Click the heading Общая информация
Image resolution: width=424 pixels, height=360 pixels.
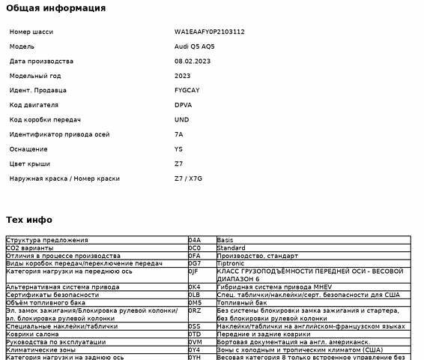tap(55, 8)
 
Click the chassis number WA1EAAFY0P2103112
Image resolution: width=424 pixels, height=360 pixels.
tap(209, 32)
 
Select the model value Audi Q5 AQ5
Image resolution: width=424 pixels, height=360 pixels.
tap(199, 46)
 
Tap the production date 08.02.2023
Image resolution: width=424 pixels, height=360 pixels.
tap(193, 61)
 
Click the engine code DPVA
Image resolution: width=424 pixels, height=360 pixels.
tap(183, 105)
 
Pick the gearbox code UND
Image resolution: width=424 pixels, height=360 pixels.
tap(182, 120)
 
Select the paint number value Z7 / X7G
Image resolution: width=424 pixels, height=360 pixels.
tap(188, 178)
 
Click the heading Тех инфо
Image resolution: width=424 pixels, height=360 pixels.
tap(28, 220)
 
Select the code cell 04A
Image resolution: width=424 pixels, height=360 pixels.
tap(195, 240)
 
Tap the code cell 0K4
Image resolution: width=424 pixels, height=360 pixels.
tap(195, 287)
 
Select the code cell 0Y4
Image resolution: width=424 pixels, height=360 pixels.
tap(195, 350)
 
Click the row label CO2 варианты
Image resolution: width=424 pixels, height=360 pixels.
tap(30, 247)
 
